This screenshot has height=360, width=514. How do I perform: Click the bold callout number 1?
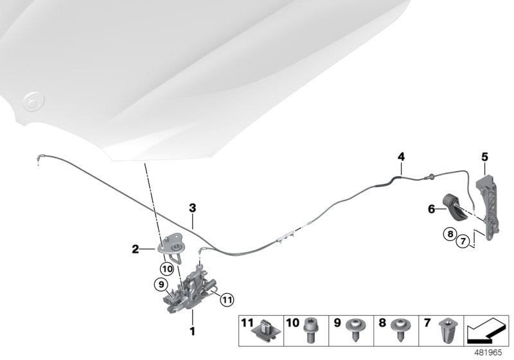pyautogui.click(x=191, y=332)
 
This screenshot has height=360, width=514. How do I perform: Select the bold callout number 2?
pyautogui.click(x=136, y=248)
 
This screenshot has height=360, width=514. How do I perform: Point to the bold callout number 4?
pyautogui.click(x=401, y=156)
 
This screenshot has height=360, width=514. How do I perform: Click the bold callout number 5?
pyautogui.click(x=484, y=156)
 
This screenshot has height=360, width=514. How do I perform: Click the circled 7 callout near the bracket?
pyautogui.click(x=461, y=242)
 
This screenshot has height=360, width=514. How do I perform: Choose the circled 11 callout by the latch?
pyautogui.click(x=226, y=298)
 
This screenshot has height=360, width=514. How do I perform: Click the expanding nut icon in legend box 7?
pyautogui.click(x=444, y=329)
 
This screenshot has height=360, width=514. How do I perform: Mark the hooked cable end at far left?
pyautogui.click(x=39, y=161)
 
